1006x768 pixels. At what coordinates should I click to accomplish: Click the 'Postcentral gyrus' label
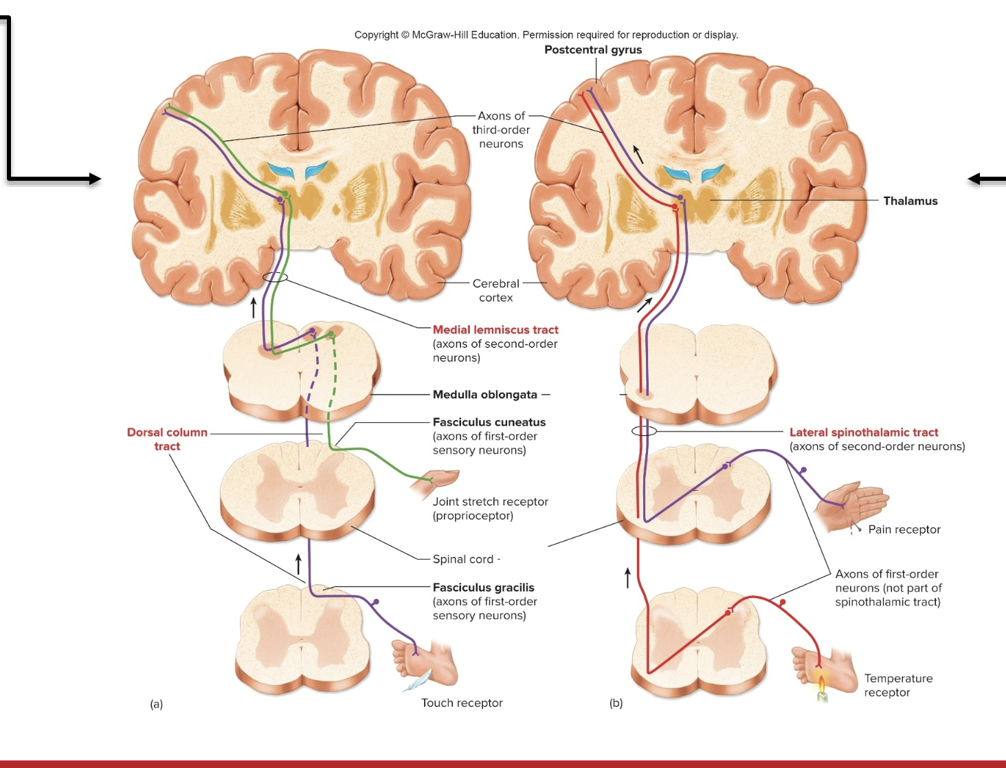tap(593, 50)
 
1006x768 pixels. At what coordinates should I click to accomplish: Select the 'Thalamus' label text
tap(910, 201)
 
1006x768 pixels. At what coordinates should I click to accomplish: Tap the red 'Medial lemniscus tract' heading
tap(495, 330)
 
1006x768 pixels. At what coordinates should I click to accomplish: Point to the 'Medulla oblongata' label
tap(485, 395)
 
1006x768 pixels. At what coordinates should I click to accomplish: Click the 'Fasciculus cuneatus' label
tap(489, 422)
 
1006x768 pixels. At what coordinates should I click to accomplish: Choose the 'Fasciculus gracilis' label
tap(483, 587)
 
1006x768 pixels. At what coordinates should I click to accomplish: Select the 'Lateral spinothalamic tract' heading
tap(864, 432)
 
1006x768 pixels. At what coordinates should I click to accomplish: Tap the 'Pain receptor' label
tap(904, 529)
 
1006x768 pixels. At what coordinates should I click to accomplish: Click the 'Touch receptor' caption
tap(462, 703)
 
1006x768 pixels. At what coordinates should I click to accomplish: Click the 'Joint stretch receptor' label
tap(490, 502)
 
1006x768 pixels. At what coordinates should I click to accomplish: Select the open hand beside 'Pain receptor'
tap(852, 505)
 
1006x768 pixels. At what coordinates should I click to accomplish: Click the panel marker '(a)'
tap(157, 704)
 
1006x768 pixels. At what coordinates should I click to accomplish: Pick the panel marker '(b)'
tap(616, 703)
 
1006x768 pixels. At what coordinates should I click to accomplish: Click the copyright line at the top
tap(546, 34)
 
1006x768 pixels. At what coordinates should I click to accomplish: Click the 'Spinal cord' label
tap(463, 559)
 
